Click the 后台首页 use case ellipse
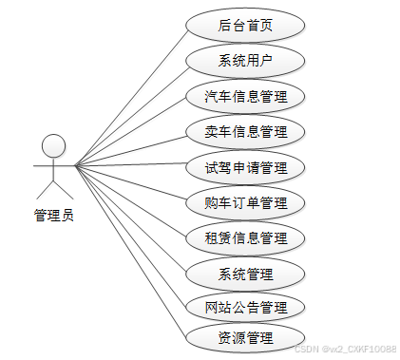(245, 26)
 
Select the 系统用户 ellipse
(245, 61)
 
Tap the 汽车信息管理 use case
(245, 96)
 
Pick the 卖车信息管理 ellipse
(245, 131)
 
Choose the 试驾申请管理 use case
(245, 167)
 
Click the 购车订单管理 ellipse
(245, 202)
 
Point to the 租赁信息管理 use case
(245, 237)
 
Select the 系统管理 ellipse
(245, 274)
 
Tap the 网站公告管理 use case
(245, 307)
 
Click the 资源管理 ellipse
(245, 337)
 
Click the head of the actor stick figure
(54, 145)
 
